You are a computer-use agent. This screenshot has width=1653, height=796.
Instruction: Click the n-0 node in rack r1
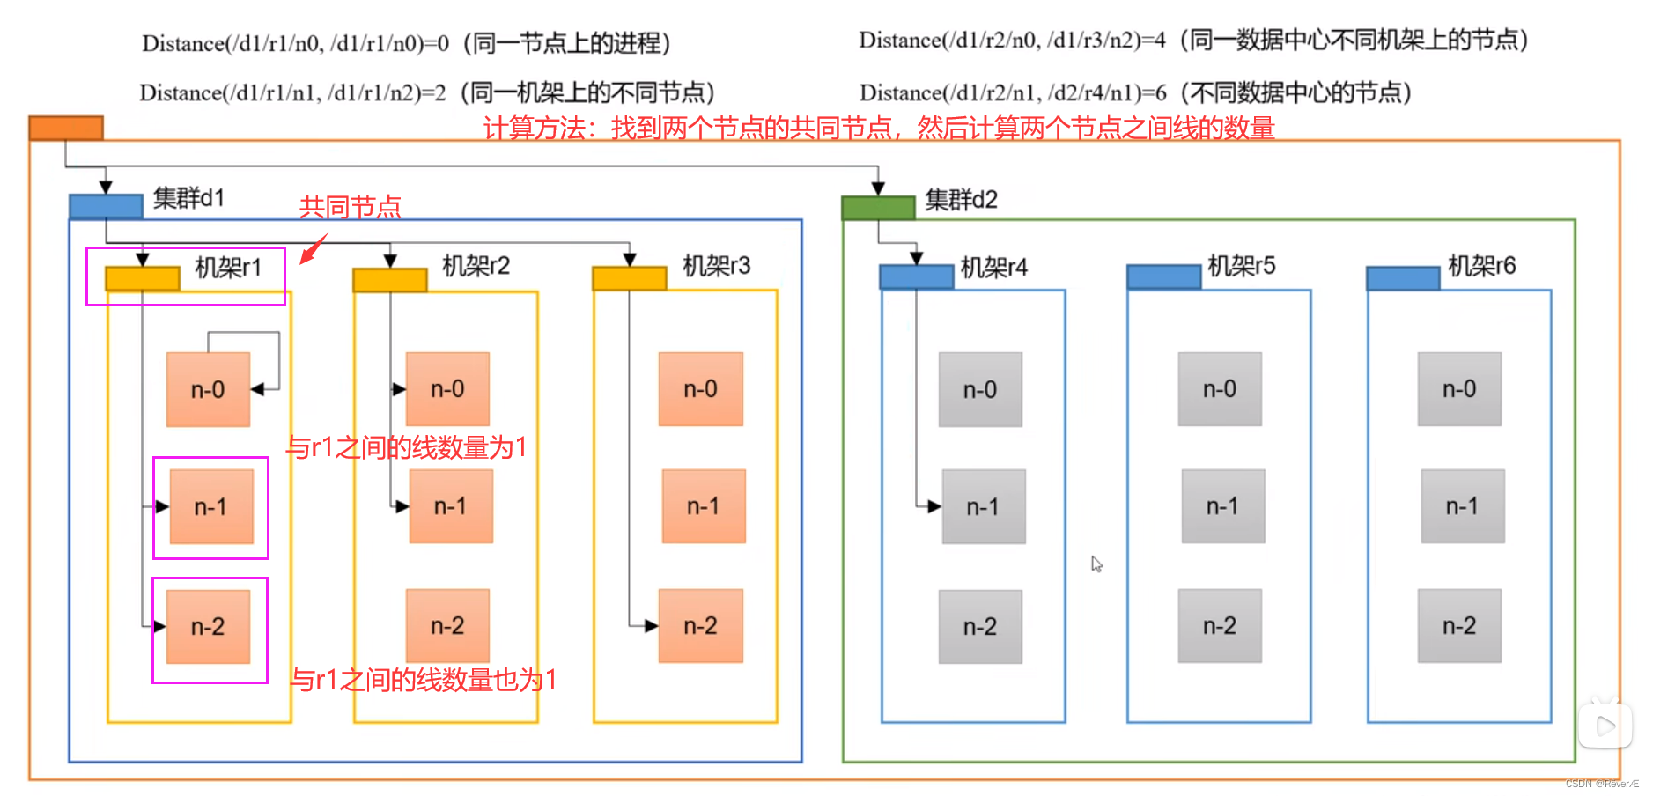[208, 389]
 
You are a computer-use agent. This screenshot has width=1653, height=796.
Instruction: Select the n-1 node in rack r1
[211, 506]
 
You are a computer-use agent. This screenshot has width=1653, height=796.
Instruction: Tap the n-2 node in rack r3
[700, 626]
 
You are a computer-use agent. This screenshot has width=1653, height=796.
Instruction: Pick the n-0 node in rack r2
[447, 389]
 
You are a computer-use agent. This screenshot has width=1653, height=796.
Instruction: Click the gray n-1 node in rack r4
[983, 506]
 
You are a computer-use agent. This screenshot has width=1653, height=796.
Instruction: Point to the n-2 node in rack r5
[1220, 626]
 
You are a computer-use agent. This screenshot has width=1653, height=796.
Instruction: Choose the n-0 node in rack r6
[1459, 389]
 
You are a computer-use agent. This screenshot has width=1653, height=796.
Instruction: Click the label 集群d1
[188, 198]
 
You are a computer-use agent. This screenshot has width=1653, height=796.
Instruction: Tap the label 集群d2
[961, 200]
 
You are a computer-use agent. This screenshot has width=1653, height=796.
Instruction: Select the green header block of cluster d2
[878, 208]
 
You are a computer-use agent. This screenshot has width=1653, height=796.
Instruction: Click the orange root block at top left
[66, 128]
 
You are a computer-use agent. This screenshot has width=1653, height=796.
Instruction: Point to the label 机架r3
[716, 266]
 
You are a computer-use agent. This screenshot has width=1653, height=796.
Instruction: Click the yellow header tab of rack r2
[390, 279]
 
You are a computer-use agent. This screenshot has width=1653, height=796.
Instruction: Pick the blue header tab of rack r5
[1163, 277]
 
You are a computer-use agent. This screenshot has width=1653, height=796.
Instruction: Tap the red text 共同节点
[350, 207]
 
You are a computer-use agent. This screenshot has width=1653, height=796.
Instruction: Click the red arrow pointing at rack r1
[314, 248]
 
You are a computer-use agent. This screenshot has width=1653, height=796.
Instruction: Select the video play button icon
[1605, 726]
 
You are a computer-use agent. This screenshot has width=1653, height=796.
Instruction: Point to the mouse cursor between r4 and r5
[1096, 564]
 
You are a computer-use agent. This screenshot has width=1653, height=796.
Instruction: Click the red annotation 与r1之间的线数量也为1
[424, 680]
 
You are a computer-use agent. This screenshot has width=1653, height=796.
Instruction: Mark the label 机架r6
[1481, 266]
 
